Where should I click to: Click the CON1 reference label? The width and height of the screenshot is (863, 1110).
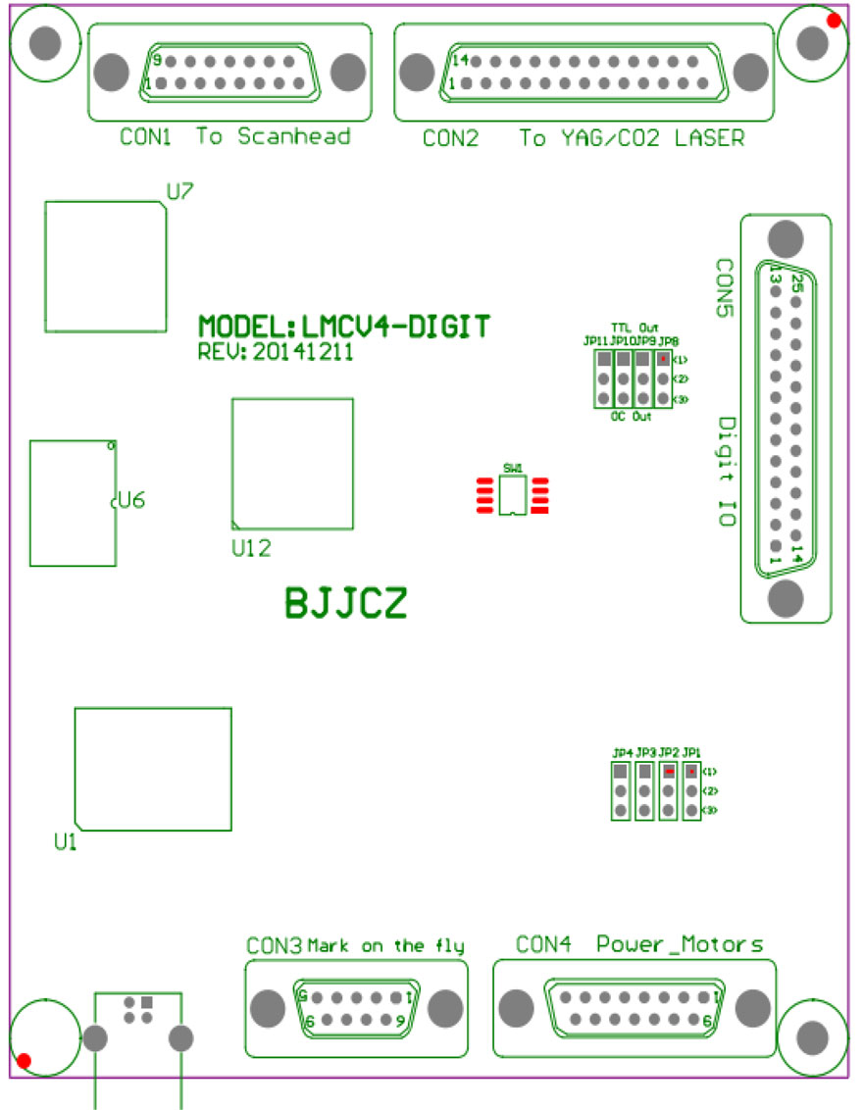(145, 136)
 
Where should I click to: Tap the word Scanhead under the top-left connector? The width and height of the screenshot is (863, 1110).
(294, 136)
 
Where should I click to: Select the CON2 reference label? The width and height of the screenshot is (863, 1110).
(451, 138)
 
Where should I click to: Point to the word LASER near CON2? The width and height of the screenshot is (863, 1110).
(709, 138)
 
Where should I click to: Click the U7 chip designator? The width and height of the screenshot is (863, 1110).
(179, 193)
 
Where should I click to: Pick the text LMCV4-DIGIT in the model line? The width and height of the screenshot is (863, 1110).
(396, 327)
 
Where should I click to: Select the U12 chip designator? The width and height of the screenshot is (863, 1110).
(251, 549)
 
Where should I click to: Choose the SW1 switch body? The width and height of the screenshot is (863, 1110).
(511, 496)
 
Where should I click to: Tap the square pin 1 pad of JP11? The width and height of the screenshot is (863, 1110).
(600, 359)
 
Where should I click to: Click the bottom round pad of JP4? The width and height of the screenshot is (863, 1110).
(620, 810)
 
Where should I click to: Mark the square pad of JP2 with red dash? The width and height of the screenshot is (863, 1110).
(668, 772)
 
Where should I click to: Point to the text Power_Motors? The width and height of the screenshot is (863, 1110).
(680, 945)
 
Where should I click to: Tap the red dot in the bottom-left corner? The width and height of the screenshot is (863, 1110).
(25, 1060)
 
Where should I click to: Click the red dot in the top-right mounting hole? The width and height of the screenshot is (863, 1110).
(833, 19)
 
